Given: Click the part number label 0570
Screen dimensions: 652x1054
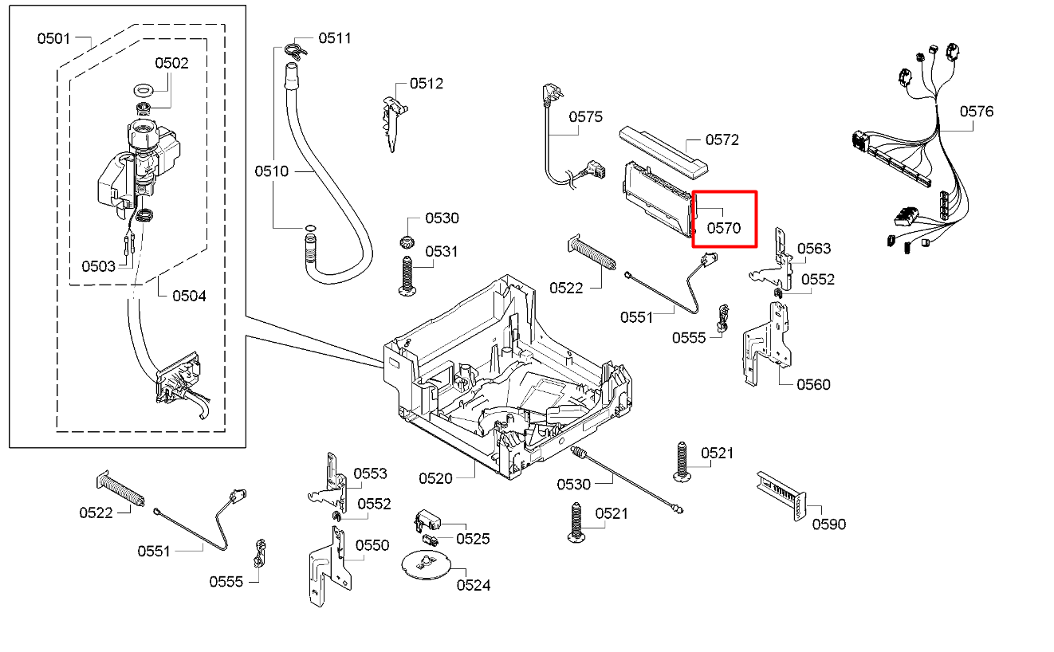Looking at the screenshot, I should tap(724, 228).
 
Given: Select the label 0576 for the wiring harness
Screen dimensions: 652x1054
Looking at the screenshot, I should tap(977, 112).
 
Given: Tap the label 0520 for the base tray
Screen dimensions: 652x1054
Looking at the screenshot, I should tap(435, 478).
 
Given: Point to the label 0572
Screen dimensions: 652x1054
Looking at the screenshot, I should tap(722, 140).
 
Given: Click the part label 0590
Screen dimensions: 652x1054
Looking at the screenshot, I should tap(829, 524).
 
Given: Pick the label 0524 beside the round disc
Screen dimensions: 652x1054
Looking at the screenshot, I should tap(474, 585).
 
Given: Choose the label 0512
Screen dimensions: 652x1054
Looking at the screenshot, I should tap(427, 84).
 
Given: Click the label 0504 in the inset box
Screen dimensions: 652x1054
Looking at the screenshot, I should tap(189, 296).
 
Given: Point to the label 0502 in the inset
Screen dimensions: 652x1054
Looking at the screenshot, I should tap(171, 63).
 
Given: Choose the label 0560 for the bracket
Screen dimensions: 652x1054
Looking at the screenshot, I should tap(813, 384).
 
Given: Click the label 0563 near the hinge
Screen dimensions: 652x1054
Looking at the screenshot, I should tap(814, 249).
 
